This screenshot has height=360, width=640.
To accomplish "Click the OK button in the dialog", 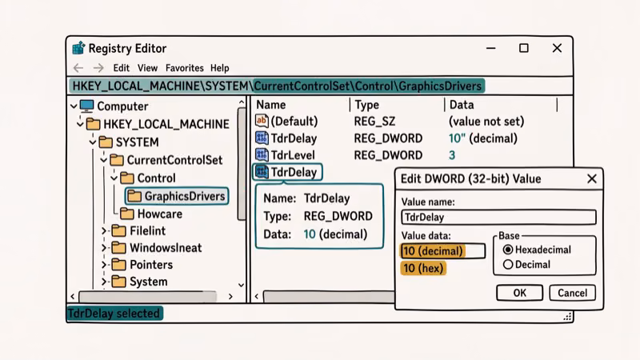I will [x=519, y=293].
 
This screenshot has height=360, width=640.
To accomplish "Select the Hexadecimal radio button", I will [x=508, y=250].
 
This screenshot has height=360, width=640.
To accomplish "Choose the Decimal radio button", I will [x=508, y=264].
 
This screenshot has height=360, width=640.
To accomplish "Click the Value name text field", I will [x=498, y=217].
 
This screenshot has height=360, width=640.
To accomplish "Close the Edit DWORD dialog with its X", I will [x=592, y=178].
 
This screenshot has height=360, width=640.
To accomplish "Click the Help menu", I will [x=219, y=68].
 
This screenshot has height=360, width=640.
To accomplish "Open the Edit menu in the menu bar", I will [x=121, y=68].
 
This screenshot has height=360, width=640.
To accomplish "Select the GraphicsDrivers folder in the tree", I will [x=184, y=196].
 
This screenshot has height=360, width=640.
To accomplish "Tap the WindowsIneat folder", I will [x=165, y=247].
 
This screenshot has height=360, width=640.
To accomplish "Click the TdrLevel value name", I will [x=293, y=155].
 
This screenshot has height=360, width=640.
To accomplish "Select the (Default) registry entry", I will [x=294, y=121].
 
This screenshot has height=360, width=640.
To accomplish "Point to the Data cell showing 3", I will [x=452, y=155].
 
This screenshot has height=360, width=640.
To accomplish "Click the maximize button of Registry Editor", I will [x=523, y=48].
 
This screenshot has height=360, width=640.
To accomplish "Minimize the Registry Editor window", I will [x=490, y=48].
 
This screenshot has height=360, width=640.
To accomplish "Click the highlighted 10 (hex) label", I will [x=423, y=268].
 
